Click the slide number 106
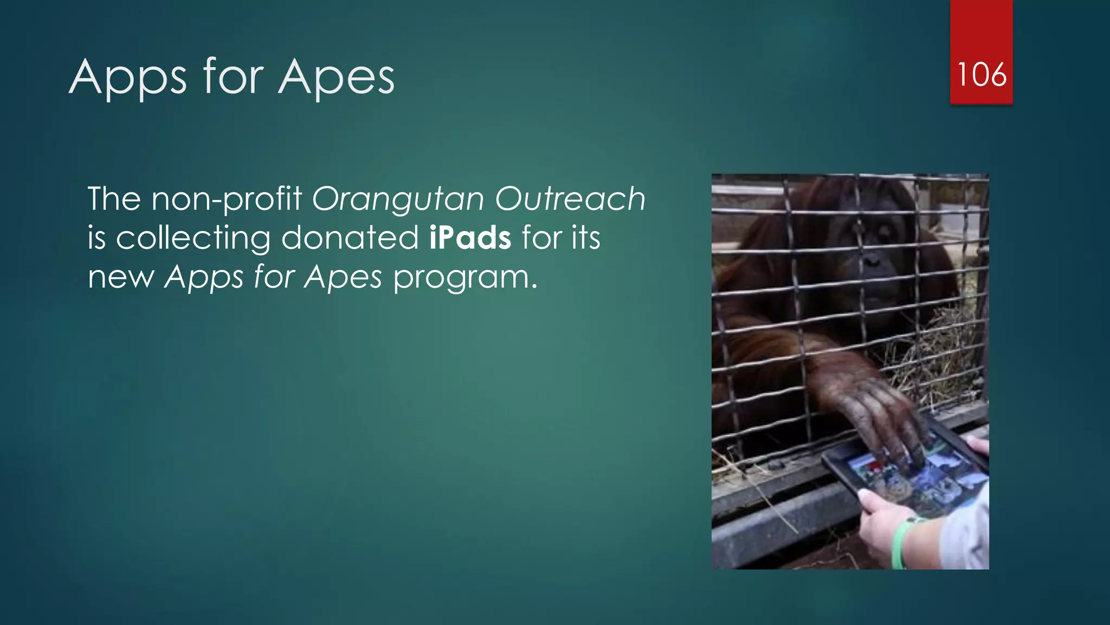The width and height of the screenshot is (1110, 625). (982, 74)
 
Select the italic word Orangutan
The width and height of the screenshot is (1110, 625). (397, 199)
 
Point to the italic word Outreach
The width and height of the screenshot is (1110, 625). (570, 199)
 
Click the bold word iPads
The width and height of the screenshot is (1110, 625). (470, 238)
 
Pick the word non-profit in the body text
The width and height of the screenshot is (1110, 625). (226, 199)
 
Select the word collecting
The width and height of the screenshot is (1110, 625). (193, 239)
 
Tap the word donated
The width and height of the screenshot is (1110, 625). (350, 238)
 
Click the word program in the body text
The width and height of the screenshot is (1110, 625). (464, 278)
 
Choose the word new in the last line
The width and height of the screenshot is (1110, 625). (121, 278)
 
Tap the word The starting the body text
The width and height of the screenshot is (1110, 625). (114, 199)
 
